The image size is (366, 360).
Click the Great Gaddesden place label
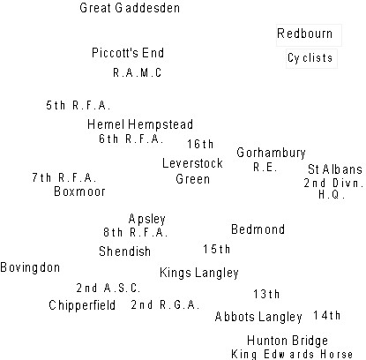pyautogui.click(x=130, y=8)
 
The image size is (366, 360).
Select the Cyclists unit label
pyautogui.click(x=310, y=58)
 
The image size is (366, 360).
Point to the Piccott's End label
pyautogui.click(x=128, y=53)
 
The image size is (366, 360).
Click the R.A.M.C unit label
pyautogui.click(x=138, y=72)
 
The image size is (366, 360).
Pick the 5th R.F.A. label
pyautogui.click(x=78, y=105)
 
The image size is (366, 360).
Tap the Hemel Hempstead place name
pyautogui.click(x=140, y=124)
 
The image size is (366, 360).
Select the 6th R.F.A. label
pyautogui.click(x=131, y=139)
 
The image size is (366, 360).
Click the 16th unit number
pyautogui.click(x=200, y=144)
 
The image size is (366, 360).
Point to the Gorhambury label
pyautogui.click(x=271, y=153)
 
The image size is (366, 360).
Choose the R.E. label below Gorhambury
pyautogui.click(x=265, y=168)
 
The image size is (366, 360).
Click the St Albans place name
pyautogui.click(x=335, y=169)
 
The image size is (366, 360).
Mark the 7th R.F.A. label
pyautogui.click(x=64, y=177)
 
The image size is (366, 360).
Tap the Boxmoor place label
pyautogui.click(x=79, y=191)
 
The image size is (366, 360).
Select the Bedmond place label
pyautogui.click(x=258, y=229)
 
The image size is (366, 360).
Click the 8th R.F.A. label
pyautogui.click(x=135, y=233)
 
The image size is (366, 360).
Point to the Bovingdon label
pyautogui.click(x=30, y=267)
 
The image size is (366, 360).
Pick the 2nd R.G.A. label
pyautogui.click(x=165, y=305)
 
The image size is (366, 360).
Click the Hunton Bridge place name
pyautogui.click(x=288, y=341)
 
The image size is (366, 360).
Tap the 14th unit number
pyautogui.click(x=326, y=316)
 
